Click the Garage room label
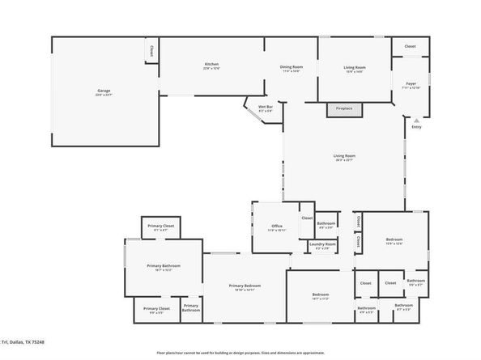coord(104,91)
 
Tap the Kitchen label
coord(211,65)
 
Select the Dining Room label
coord(291,67)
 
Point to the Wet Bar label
coord(265,107)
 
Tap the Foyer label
coord(411,84)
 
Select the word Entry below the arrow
coord(417,127)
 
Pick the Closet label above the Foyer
coord(410,47)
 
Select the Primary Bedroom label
coord(244,286)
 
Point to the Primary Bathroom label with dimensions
coord(164,266)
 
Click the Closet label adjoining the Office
coord(307,218)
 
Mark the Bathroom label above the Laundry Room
coord(326,223)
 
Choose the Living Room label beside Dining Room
coord(355,67)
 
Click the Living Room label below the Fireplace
coord(345,155)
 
